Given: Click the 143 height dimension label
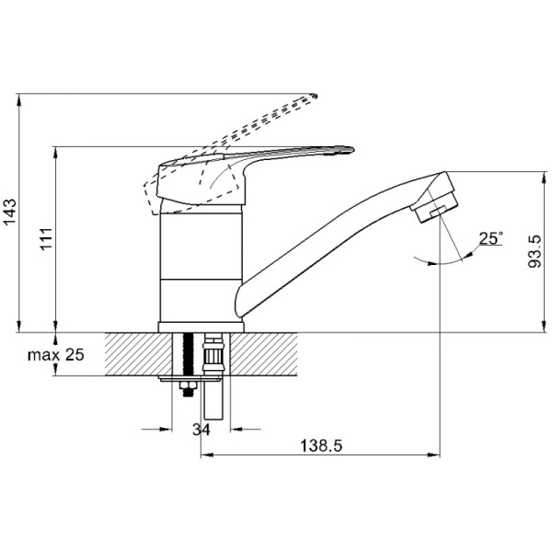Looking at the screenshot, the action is [9, 212].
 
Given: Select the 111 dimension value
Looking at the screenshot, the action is [47, 239].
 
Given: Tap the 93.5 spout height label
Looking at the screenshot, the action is [535, 251].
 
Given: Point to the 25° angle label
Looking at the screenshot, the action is [491, 238].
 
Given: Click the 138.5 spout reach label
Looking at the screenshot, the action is [321, 446].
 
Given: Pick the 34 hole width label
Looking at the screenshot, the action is [201, 430].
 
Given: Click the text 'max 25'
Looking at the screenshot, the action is [56, 355].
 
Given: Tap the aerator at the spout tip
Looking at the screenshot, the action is [437, 207].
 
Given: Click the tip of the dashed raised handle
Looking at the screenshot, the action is [316, 96].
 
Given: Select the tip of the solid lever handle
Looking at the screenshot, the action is [352, 150].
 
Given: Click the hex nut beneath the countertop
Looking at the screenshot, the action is [189, 385].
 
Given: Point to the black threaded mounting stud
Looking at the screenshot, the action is [189, 354].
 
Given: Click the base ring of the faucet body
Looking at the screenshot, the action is [201, 327].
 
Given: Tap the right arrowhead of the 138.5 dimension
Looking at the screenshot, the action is [434, 454].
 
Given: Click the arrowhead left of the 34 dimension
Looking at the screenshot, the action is [166, 429].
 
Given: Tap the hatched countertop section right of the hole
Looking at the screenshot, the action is [264, 354].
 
